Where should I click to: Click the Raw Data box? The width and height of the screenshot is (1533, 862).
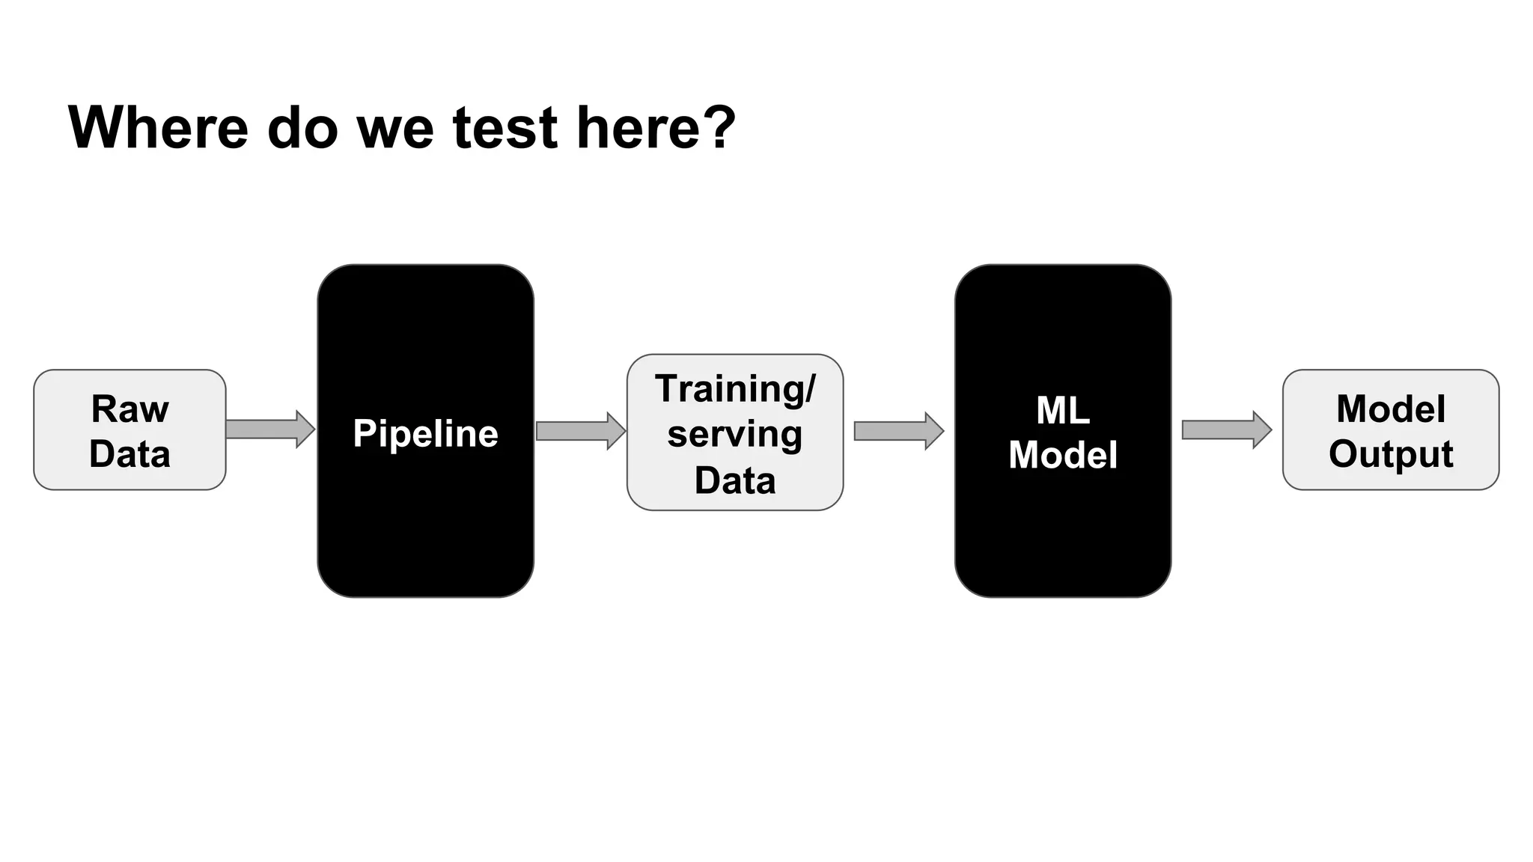129,430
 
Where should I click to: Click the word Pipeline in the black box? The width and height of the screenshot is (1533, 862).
425,433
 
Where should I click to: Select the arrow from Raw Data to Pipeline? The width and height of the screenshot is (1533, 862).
270,430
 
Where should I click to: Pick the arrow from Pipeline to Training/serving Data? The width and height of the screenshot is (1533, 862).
581,431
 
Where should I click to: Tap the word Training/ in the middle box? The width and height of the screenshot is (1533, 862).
734,388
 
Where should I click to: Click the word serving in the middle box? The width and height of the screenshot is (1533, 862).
734,434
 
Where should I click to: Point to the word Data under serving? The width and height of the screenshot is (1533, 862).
734,480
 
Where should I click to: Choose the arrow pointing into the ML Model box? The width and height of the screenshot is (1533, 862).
898,431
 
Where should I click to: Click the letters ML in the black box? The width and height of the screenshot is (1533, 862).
1062,410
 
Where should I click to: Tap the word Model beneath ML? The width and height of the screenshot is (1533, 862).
1062,455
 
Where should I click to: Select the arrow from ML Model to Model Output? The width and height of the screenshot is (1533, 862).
1226,430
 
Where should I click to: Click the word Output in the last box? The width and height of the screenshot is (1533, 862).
1390,453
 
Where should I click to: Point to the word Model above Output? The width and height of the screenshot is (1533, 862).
1390,409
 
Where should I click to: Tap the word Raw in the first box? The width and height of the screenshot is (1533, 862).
129,409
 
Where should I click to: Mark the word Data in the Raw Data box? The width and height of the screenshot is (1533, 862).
129,454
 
